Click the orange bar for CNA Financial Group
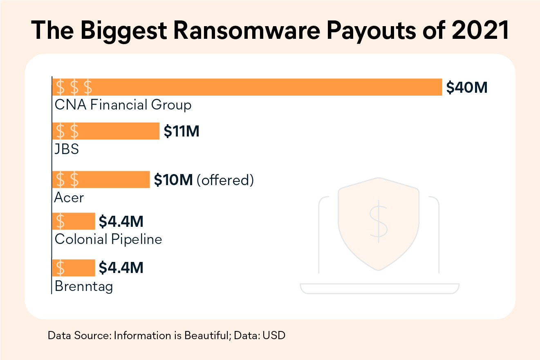(247, 87)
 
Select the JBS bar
(105, 131)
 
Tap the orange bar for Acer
(101, 180)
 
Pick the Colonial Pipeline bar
(74, 221)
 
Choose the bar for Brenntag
(74, 268)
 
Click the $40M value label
(467, 87)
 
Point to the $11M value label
(181, 131)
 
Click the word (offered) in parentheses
(225, 180)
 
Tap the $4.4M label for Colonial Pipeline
(121, 222)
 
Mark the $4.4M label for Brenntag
(121, 268)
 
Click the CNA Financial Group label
(123, 105)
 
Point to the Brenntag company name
(83, 286)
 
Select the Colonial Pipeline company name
(108, 239)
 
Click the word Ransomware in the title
(245, 30)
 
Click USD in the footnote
(274, 335)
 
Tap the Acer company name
(69, 198)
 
